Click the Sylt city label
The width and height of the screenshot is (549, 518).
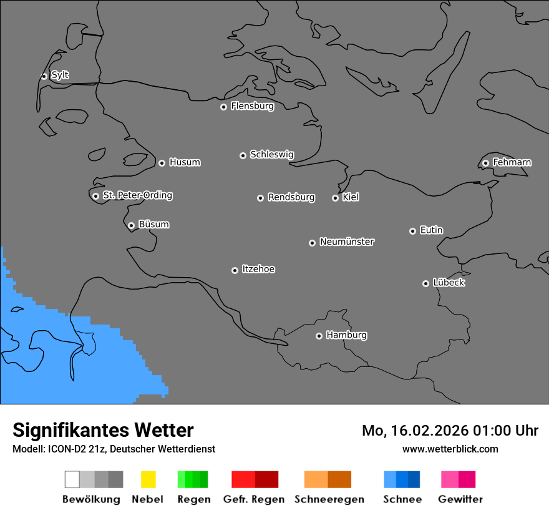(60, 75)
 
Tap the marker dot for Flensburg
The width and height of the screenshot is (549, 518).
(223, 107)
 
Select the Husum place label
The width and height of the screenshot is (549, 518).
(185, 162)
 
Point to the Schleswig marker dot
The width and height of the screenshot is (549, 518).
(243, 155)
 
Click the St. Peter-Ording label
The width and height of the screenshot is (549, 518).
(137, 195)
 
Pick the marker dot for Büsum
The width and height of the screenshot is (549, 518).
(131, 225)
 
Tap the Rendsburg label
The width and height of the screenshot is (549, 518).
(291, 197)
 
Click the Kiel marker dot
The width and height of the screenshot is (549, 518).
(335, 198)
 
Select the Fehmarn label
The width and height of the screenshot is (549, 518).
(512, 162)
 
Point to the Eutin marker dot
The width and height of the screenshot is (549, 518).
(412, 231)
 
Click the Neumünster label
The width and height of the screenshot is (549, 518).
(347, 242)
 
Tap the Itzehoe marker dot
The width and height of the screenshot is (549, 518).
(235, 270)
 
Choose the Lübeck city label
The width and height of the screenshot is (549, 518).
(449, 283)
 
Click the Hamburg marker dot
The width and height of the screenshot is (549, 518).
(319, 336)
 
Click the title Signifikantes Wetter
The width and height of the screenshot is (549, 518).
(103, 430)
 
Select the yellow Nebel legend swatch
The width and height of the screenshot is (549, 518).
(148, 479)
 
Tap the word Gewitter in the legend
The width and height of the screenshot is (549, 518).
(460, 499)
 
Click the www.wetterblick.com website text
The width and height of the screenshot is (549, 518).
(450, 449)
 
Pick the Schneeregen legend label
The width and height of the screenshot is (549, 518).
(329, 499)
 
